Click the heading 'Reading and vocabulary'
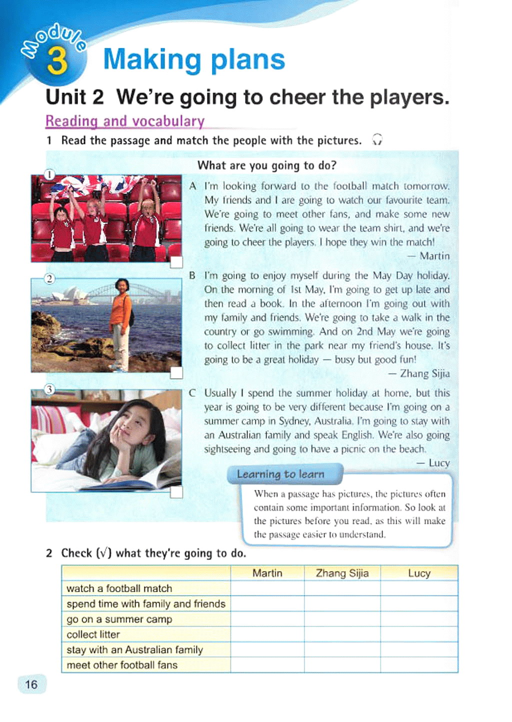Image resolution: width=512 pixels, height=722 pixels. pos(125,121)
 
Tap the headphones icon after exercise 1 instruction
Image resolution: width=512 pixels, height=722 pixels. pos(377,140)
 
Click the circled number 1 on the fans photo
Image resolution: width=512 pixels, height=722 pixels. pos(49,174)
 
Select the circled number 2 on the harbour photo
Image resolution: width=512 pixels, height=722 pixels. pos(49,278)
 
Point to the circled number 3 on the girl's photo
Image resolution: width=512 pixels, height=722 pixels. pos(49,389)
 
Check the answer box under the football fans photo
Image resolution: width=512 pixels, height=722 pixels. pos(176,262)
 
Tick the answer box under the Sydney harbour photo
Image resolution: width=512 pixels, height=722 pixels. pos(176,373)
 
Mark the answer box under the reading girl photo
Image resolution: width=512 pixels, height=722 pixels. pos(176,492)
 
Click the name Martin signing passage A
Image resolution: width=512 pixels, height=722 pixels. pos(434,256)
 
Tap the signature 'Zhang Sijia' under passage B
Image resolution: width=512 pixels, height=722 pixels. pos(424,373)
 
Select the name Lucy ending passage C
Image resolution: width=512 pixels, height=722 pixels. pos(438,463)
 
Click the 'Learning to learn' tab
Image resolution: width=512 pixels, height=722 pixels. pos(280,474)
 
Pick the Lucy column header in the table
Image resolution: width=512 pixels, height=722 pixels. pos(419,573)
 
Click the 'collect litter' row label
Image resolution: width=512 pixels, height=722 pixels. pos(93,635)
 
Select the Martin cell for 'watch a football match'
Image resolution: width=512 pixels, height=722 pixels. pos(267,589)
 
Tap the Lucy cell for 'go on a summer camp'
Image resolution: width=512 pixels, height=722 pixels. pos(419,619)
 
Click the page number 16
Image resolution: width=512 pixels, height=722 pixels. pos(31,684)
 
